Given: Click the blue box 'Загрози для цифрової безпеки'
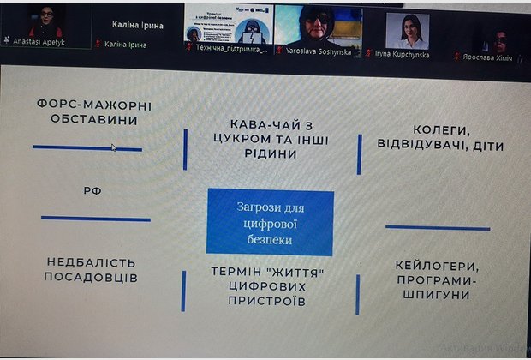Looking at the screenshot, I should coord(270,222).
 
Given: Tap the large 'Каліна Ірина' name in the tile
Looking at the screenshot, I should coord(138,25).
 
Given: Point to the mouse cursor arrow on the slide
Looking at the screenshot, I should coord(114,147).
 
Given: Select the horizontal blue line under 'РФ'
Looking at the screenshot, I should coord(95,218).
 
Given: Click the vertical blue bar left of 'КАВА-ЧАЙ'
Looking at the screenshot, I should coord(186,149).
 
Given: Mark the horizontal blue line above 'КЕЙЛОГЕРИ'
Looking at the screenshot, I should coord(435,227).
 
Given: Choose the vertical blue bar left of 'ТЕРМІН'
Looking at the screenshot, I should coord(184,291).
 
